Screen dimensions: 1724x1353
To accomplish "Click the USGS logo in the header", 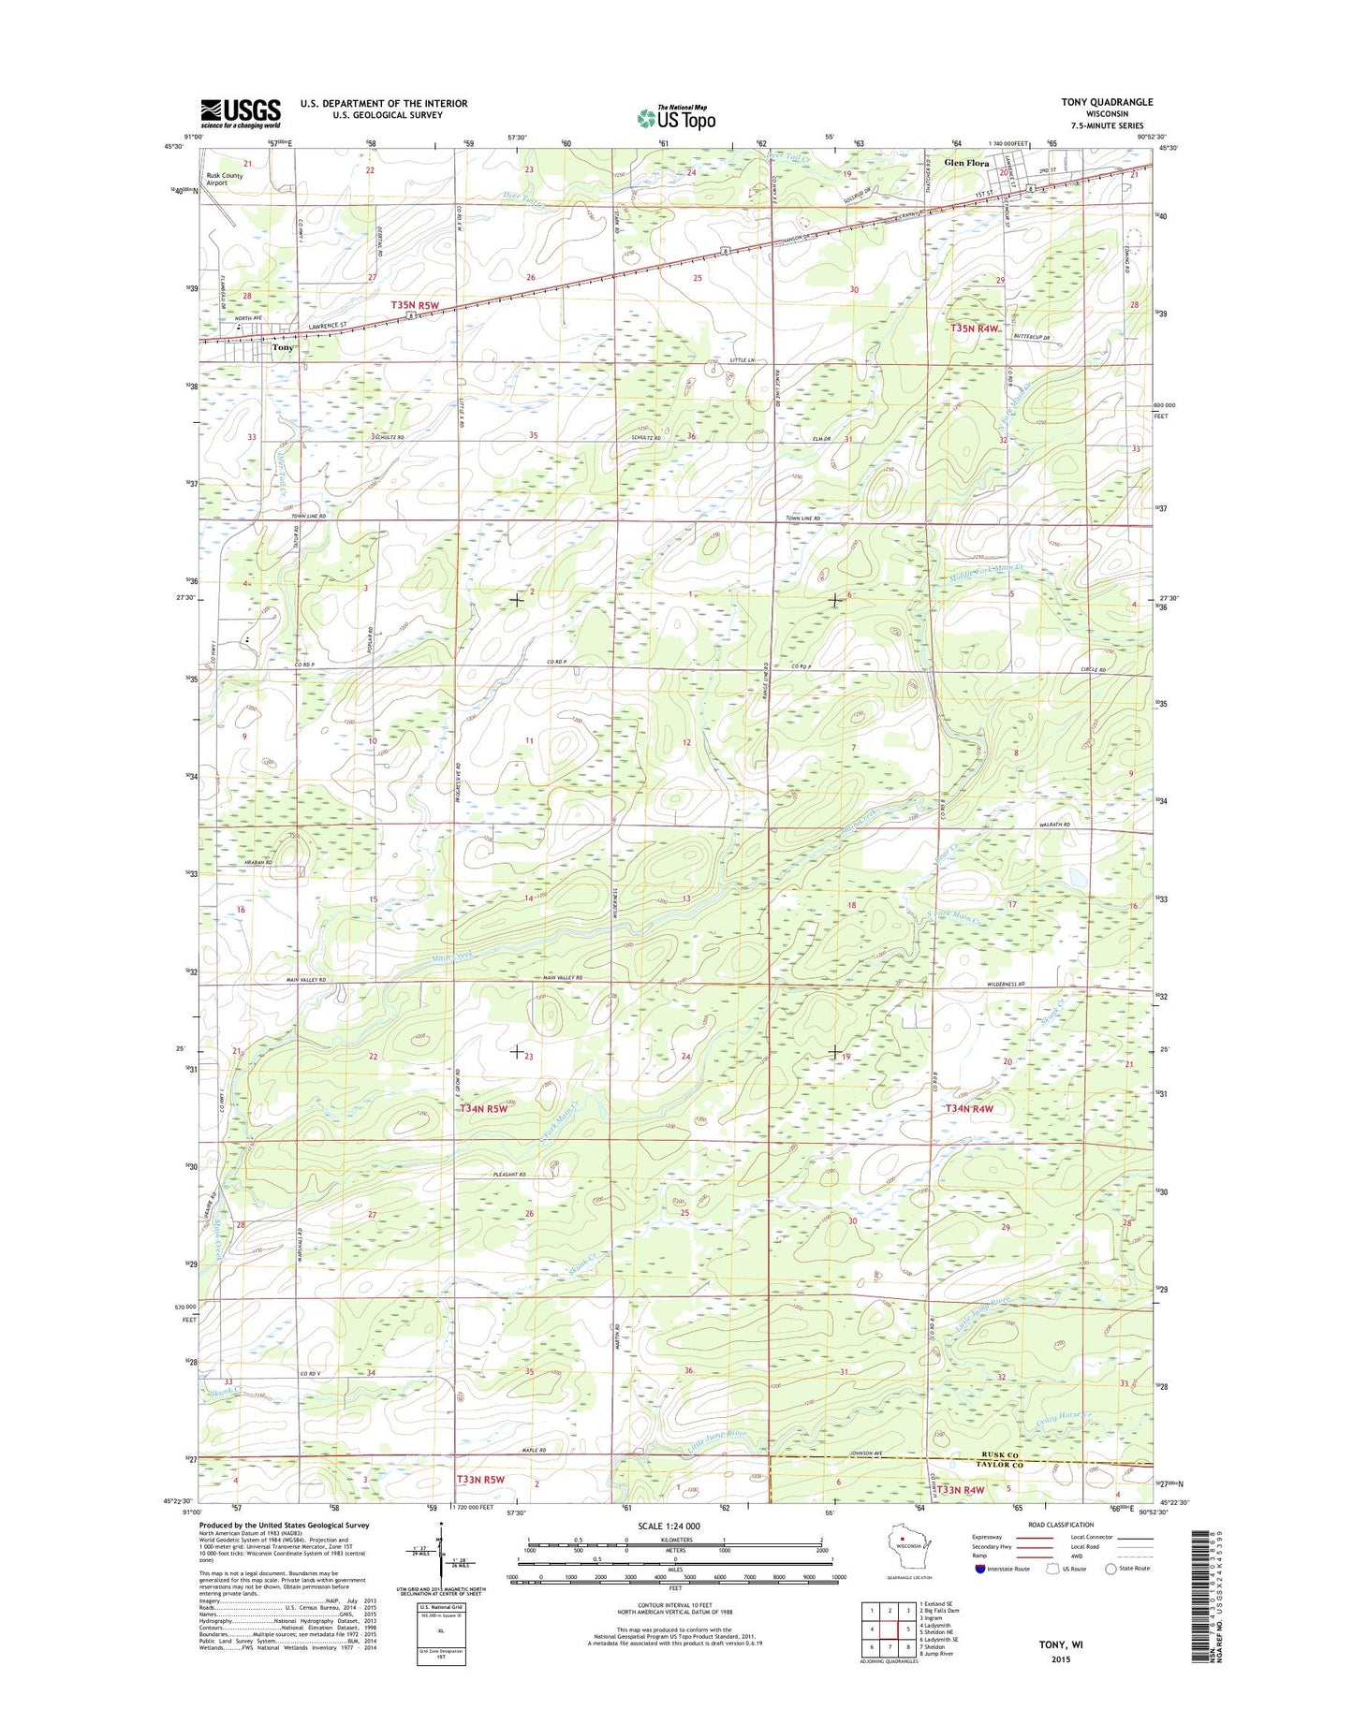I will (x=240, y=113).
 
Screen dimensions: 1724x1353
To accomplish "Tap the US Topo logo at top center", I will (x=676, y=118).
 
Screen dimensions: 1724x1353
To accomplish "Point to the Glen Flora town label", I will (x=966, y=163).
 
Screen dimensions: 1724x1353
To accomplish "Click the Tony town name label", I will (x=283, y=347).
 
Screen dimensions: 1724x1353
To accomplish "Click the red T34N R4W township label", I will (x=968, y=1108).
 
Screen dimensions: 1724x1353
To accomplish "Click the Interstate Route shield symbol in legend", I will (x=981, y=1568).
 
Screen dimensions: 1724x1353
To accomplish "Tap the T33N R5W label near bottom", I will (x=481, y=1480).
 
